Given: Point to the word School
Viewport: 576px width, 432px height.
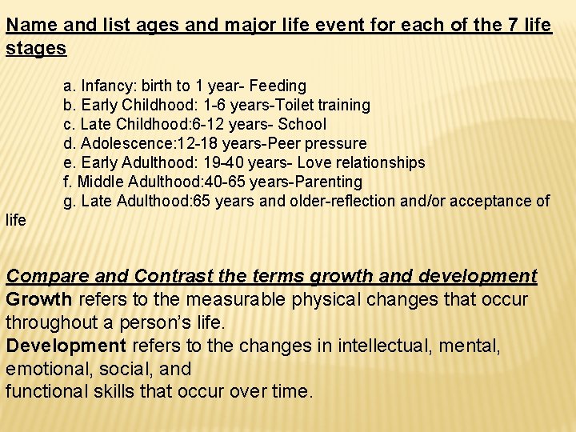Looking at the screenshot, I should (x=302, y=124).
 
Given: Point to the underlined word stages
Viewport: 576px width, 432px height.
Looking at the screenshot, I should (x=36, y=47).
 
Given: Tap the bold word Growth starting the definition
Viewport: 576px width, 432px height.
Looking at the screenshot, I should (x=39, y=300).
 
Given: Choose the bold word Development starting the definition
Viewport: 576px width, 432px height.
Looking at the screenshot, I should (x=66, y=346).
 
